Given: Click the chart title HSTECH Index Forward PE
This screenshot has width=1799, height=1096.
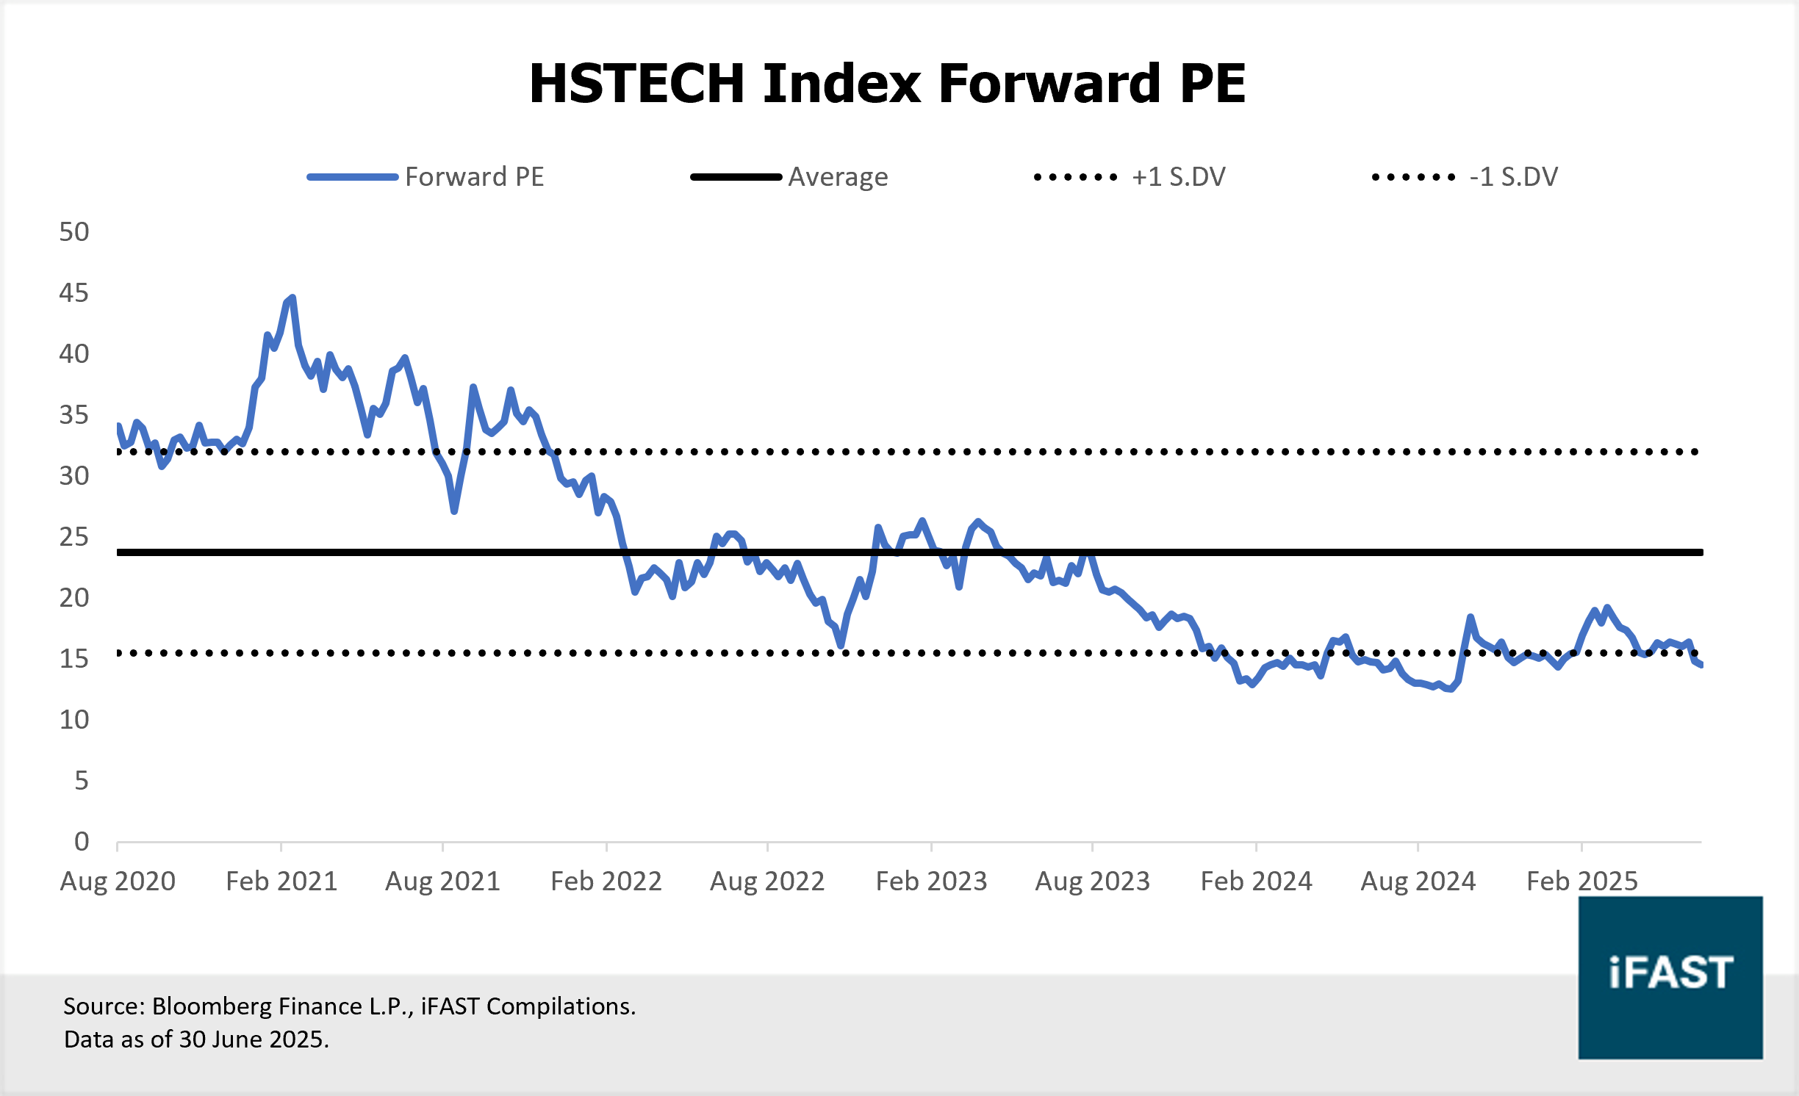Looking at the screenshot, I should [x=887, y=83].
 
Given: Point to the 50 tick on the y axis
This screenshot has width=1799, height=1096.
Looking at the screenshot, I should [x=74, y=232].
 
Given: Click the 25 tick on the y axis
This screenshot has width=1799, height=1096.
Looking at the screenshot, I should [x=74, y=537].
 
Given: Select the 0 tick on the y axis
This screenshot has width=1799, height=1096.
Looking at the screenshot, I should [x=82, y=841].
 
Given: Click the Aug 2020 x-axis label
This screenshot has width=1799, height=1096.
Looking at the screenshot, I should [x=118, y=881].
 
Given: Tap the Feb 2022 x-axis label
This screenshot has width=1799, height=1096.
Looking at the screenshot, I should [x=606, y=881].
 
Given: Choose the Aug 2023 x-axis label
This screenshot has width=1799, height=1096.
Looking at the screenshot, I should [x=1092, y=881].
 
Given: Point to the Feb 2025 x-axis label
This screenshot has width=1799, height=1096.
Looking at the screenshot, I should [x=1582, y=881].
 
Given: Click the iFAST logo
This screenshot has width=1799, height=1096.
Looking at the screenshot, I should [x=1670, y=977].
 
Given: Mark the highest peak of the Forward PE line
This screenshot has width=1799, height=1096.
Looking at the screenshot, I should [x=292, y=298].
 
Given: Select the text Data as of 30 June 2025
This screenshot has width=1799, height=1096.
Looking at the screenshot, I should [x=196, y=1039].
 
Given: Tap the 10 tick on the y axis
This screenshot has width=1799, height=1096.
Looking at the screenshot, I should [x=74, y=719].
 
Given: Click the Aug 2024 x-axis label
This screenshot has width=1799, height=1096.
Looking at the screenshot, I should [x=1418, y=881].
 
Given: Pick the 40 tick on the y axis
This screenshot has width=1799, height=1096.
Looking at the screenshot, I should [x=74, y=354].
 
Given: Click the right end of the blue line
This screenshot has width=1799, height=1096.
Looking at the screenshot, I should [x=1701, y=665].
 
